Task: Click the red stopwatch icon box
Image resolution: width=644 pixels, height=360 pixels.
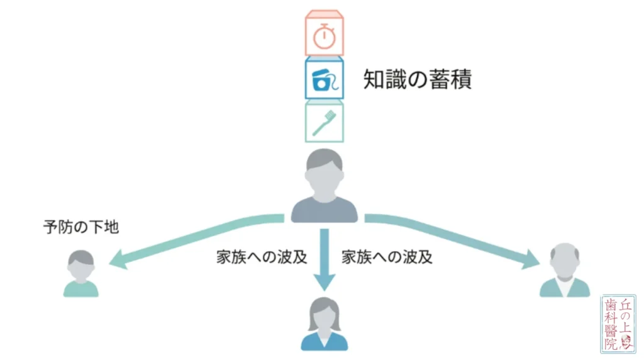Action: coord(324,33)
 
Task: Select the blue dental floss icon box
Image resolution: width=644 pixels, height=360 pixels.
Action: coord(324,78)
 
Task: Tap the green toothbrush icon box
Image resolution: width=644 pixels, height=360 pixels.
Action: coord(324,121)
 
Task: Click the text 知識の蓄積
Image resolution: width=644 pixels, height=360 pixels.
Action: coord(418,79)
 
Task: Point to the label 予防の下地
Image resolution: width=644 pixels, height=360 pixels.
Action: coord(81,227)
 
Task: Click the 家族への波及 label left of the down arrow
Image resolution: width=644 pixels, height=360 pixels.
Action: coord(262,257)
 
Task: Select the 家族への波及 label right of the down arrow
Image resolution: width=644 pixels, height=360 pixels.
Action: coord(387,257)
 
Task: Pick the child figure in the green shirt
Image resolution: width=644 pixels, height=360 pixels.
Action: coord(81,273)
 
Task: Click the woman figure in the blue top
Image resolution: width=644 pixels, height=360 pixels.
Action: coord(324,324)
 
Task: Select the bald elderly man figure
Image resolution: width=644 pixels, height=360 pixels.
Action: coord(565,269)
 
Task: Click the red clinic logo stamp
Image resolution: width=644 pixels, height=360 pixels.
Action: coord(618,324)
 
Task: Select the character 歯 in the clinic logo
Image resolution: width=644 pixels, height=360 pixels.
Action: coord(611,305)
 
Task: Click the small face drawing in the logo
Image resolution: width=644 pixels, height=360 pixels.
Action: coord(626,342)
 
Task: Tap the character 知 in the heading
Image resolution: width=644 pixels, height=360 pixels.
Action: coord(374,79)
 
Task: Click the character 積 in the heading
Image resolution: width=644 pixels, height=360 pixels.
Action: coord(461,79)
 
